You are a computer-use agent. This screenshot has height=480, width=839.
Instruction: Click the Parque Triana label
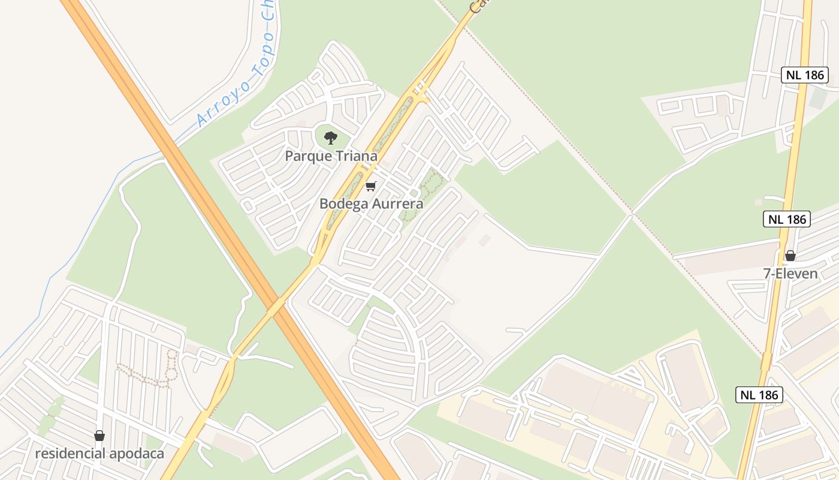point(331,156)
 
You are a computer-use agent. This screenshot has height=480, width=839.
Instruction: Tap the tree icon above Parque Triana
point(330,138)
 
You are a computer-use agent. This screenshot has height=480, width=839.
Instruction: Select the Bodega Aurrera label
point(371,203)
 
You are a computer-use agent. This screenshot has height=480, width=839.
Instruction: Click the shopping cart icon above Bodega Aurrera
point(370,186)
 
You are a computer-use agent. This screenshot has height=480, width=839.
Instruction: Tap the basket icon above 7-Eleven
point(790,256)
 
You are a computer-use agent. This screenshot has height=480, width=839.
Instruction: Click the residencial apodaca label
point(99,453)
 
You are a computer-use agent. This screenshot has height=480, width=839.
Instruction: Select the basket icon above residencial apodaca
point(99,435)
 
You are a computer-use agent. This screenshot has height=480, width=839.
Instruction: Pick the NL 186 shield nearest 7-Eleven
point(787,219)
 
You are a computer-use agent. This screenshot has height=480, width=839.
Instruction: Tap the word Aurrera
point(397,203)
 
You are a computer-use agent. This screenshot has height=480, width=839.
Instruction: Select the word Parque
point(307,156)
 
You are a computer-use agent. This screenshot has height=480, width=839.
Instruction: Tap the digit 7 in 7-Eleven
point(766,274)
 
